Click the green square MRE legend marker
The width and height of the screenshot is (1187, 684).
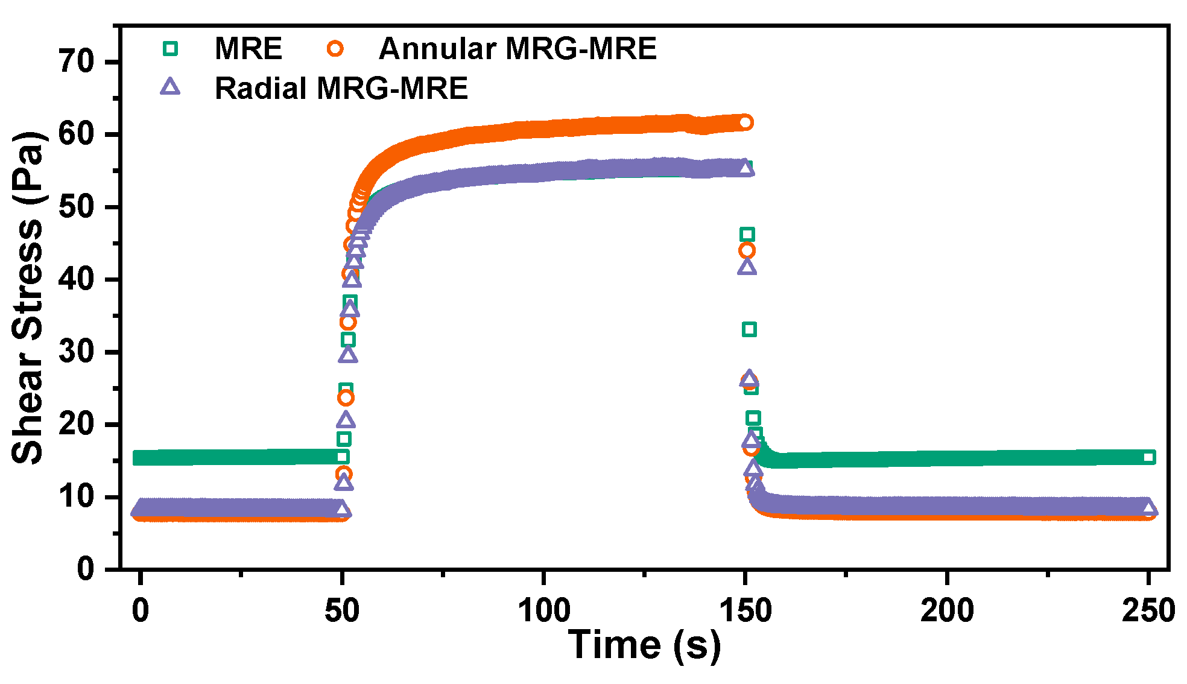171,48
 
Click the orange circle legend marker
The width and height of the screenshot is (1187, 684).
335,48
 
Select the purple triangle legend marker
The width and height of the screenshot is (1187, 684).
170,87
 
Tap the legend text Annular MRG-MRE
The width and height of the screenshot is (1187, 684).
518,48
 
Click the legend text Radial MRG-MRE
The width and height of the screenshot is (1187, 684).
341,88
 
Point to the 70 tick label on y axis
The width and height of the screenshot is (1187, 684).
77,62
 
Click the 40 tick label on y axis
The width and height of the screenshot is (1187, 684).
77,279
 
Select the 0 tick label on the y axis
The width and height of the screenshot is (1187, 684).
86,569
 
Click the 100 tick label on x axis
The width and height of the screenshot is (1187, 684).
543,610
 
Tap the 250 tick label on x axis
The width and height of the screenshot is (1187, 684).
1148,610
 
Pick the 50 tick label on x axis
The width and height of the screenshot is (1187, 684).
342,610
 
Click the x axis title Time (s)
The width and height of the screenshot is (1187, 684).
644,644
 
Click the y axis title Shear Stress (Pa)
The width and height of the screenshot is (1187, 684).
28,297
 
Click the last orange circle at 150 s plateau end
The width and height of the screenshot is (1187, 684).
745,122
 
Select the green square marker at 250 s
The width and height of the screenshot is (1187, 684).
1149,457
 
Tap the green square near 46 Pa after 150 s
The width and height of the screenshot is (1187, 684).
747,235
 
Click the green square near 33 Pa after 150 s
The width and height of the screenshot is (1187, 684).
749,329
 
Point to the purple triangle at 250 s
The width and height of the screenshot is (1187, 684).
1149,508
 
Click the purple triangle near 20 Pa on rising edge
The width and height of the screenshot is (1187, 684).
346,420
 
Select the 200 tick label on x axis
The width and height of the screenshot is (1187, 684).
947,610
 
